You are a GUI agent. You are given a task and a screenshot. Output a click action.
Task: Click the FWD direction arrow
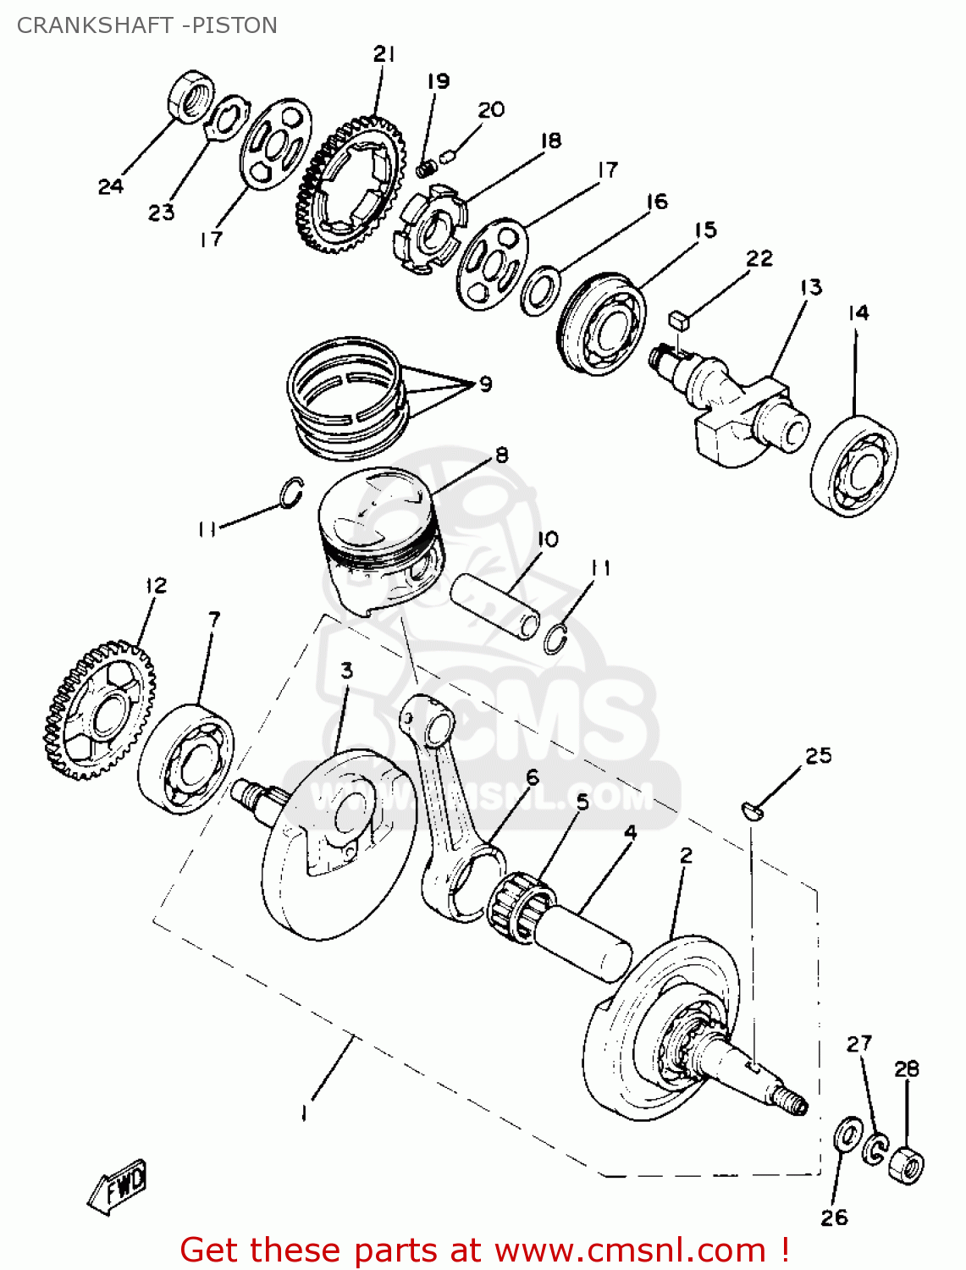coord(119,1186)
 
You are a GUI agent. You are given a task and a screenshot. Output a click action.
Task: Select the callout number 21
coord(384,54)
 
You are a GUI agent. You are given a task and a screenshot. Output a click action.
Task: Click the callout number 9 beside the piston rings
coord(485,384)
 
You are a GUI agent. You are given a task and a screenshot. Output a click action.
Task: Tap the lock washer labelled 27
coord(876,1148)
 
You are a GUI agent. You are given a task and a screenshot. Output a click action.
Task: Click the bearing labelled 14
coord(854,466)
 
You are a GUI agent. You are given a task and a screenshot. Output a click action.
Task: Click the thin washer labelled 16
coord(540,290)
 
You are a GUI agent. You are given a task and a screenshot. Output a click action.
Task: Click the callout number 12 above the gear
coord(156,585)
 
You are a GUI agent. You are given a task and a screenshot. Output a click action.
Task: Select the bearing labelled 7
coord(185,759)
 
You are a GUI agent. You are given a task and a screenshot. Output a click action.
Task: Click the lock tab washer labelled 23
coord(225,119)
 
